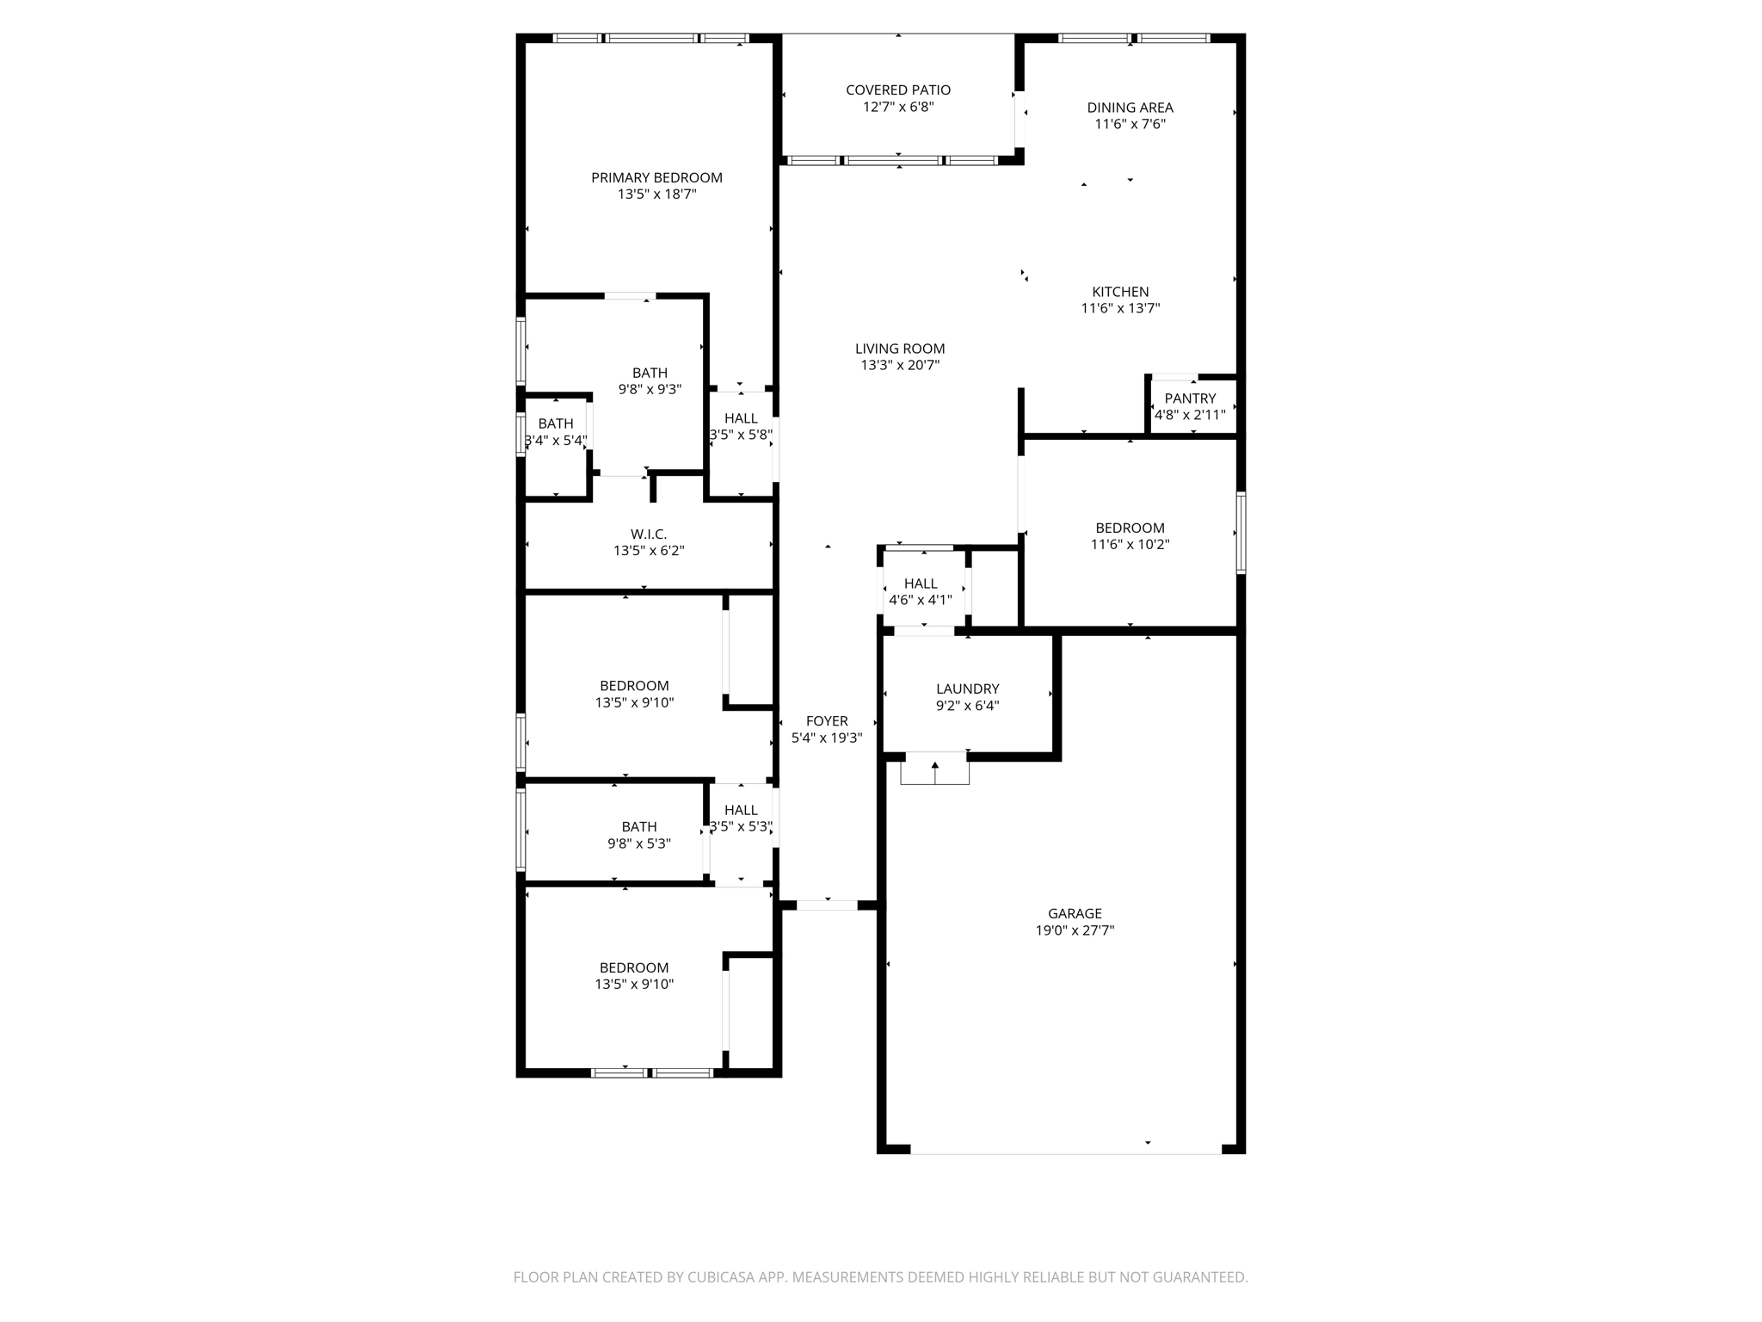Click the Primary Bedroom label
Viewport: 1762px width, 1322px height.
point(656,178)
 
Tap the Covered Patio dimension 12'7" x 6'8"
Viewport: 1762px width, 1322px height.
point(898,108)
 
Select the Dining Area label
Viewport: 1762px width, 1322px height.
point(1130,108)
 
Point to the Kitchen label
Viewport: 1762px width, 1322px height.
point(1120,292)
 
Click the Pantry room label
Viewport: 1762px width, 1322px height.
point(1190,398)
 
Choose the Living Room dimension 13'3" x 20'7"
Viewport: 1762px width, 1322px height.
point(900,366)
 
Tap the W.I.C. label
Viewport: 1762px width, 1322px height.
point(649,534)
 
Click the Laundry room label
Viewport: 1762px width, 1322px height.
point(967,689)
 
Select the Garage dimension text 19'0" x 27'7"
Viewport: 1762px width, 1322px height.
point(1075,930)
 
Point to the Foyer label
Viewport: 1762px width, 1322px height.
point(827,721)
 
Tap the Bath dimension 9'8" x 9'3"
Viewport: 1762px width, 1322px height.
point(650,389)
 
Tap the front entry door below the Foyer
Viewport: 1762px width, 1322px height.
point(827,905)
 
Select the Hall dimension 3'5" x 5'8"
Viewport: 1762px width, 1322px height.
point(741,436)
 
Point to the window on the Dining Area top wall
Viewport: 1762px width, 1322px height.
point(1133,38)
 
